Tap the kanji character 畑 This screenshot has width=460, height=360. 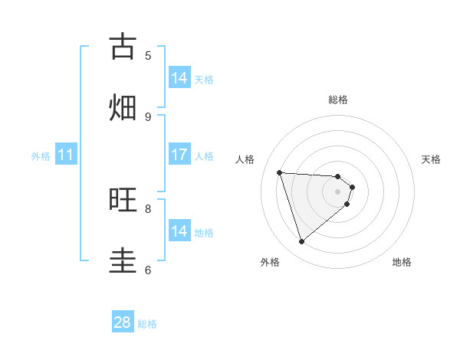pyautogui.click(x=123, y=107)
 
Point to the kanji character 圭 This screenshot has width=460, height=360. pyautogui.click(x=123, y=260)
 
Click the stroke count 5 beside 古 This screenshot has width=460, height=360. pyautogui.click(x=148, y=55)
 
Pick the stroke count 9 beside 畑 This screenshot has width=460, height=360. pyautogui.click(x=148, y=116)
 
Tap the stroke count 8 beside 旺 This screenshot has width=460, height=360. pyautogui.click(x=148, y=208)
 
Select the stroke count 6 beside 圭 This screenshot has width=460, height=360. pyautogui.click(x=148, y=270)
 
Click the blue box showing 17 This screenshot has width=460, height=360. pyautogui.click(x=179, y=155)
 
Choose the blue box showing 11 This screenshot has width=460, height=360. pyautogui.click(x=66, y=155)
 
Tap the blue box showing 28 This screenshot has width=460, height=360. pyautogui.click(x=123, y=322)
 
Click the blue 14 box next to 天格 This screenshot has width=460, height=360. pyautogui.click(x=179, y=78)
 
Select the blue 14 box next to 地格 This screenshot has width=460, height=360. pyautogui.click(x=179, y=231)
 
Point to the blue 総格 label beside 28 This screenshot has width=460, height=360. pyautogui.click(x=147, y=324)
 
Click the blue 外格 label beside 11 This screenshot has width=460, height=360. pyautogui.click(x=41, y=156)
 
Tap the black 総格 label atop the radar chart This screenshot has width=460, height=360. pyautogui.click(x=337, y=100)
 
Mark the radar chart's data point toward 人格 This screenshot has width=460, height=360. pyautogui.click(x=279, y=172)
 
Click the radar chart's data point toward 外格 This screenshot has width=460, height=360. pyautogui.click(x=301, y=242)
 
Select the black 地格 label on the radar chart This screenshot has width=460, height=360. pyautogui.click(x=402, y=262)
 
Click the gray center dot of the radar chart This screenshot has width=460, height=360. pyautogui.click(x=337, y=201)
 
